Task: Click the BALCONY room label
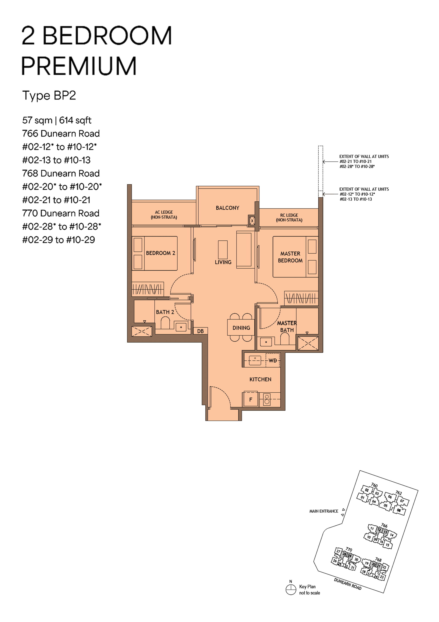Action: point(227,208)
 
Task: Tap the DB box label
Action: point(200,331)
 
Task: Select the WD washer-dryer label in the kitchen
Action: point(273,361)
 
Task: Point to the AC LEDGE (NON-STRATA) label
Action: point(164,215)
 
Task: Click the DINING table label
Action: point(241,328)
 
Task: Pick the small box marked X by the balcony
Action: point(252,221)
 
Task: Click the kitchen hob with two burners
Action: point(267,399)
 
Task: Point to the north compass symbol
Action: point(291,590)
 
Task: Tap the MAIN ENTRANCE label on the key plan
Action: point(324,511)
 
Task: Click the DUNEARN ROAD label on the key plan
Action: point(348,584)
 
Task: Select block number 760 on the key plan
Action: point(374,485)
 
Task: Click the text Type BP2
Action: point(49,96)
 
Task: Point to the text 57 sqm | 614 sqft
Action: point(57,120)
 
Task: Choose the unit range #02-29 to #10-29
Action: point(58,240)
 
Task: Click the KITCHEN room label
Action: point(260,379)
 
